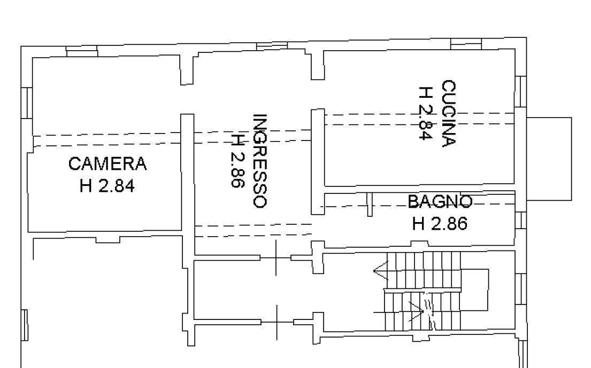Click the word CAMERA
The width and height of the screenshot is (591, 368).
point(108,163)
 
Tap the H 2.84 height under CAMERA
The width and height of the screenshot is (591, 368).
point(107,186)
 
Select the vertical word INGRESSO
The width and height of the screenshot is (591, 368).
point(260,161)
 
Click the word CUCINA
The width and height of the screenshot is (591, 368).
point(449,113)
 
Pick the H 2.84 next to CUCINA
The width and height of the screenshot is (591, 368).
point(426,113)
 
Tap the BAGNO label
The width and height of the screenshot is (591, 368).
point(440,202)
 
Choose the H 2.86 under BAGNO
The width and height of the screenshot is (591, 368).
point(440,224)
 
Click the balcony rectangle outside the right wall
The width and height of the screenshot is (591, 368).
point(549,159)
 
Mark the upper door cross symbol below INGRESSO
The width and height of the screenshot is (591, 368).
point(276,258)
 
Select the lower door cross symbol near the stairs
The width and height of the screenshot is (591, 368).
point(277,322)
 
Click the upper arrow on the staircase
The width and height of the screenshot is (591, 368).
point(381,271)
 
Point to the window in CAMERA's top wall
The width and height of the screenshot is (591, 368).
point(82,51)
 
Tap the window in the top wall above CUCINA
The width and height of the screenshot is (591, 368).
point(466,44)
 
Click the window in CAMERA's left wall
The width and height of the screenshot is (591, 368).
point(27,103)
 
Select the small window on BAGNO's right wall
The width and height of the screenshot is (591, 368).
point(520,220)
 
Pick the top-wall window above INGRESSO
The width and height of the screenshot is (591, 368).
point(272,46)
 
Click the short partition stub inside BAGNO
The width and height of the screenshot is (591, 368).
point(370,205)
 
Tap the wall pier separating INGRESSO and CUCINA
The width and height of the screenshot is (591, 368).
point(318,162)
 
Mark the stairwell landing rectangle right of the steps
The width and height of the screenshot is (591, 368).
point(475,289)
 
